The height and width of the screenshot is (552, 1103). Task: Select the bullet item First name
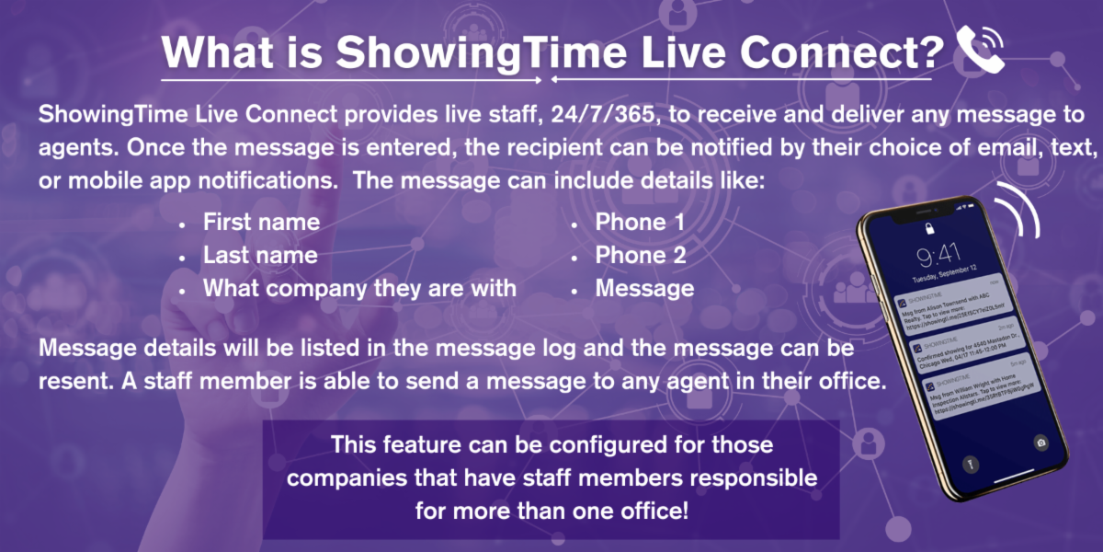point(261,222)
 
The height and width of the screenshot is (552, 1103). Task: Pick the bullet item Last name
point(260,255)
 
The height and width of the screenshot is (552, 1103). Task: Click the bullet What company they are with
point(359,288)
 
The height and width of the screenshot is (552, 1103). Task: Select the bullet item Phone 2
point(641,255)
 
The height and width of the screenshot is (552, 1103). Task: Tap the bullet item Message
point(644,288)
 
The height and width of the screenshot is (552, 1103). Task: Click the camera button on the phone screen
point(1040,442)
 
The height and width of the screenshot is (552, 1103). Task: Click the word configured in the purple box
point(606,445)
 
